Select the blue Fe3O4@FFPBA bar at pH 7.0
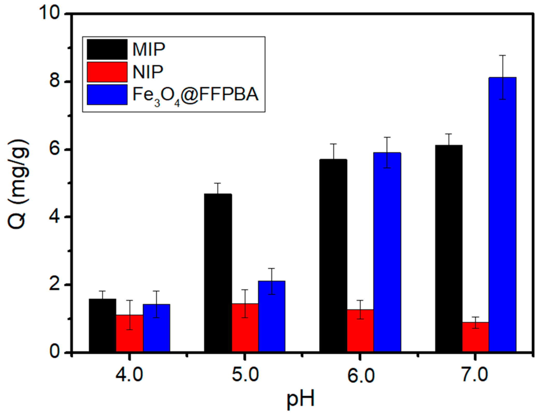[502, 215]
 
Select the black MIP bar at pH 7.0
[449, 249]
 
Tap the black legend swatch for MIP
[107, 49]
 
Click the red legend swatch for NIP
[107, 72]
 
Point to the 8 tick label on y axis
[55, 81]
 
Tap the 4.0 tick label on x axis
[129, 375]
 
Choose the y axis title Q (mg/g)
[18, 184]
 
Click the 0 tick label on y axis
[55, 352]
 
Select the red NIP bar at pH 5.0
[245, 328]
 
